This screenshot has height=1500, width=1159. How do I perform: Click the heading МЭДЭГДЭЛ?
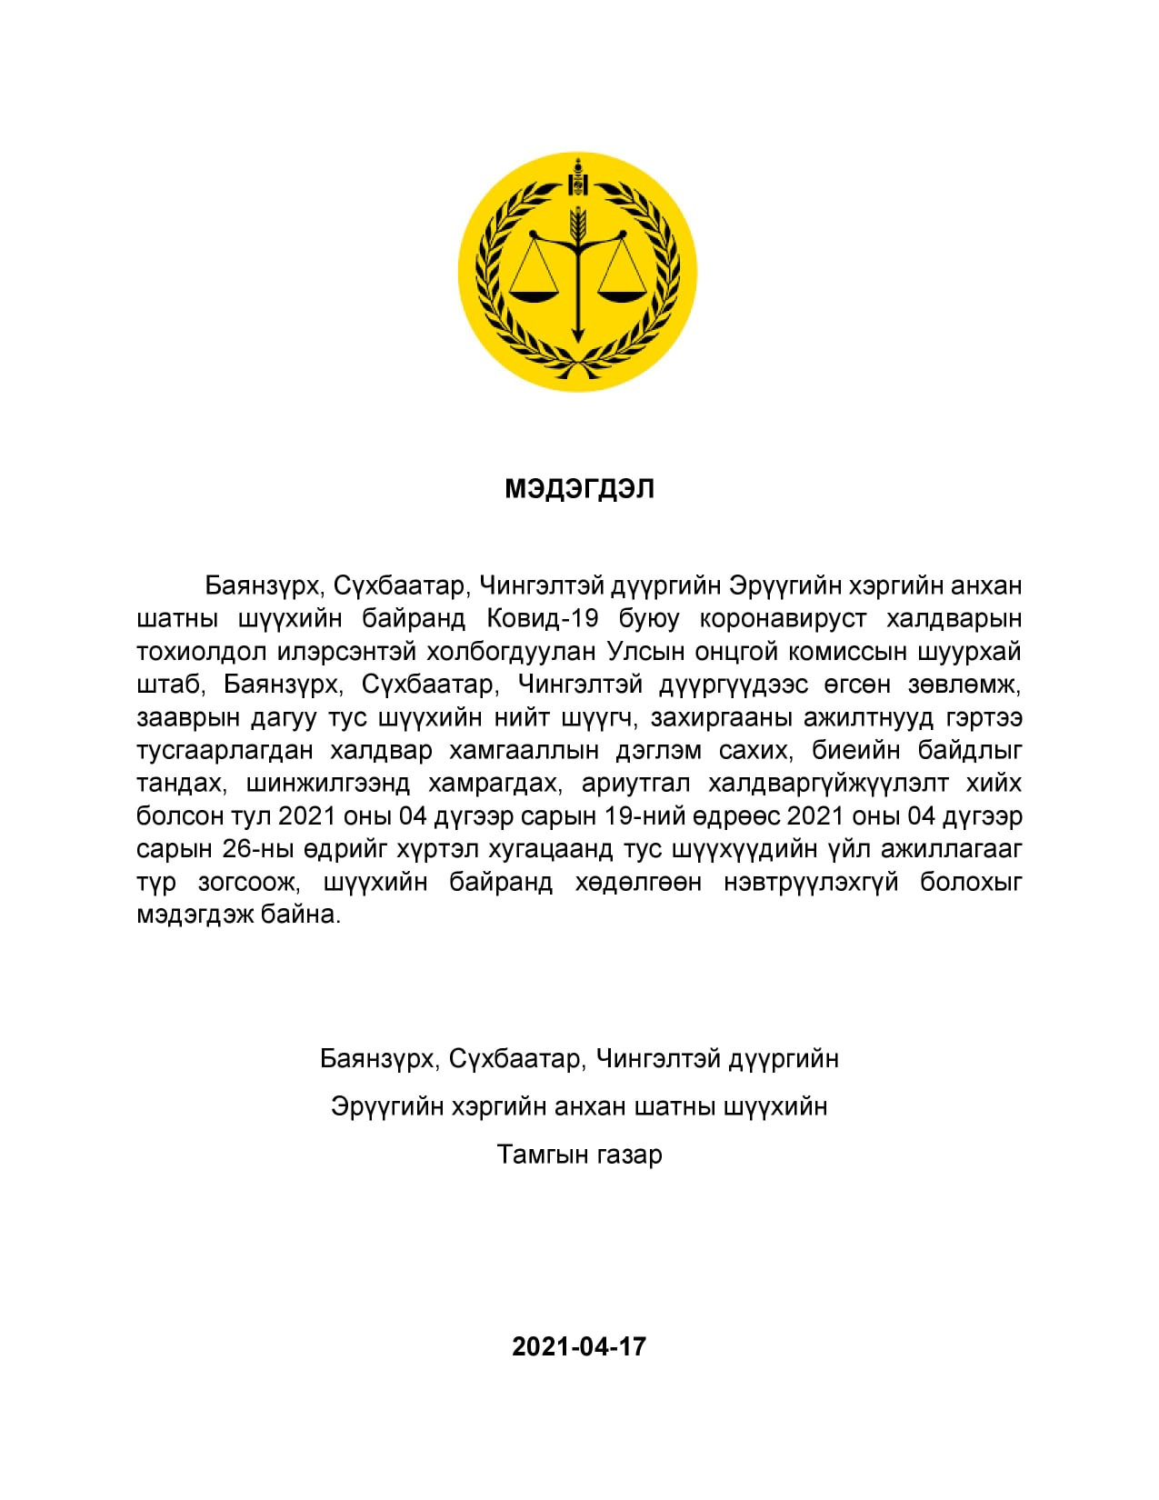(x=579, y=489)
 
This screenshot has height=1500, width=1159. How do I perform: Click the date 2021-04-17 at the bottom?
(x=579, y=1346)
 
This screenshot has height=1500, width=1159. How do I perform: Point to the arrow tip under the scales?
(x=577, y=338)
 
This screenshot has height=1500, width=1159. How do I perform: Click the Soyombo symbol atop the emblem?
(x=577, y=178)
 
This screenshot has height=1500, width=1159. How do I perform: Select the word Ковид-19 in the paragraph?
(x=543, y=618)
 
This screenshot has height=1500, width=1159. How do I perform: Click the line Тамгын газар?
(x=579, y=1155)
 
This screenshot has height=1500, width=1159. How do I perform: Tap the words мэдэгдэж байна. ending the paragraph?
(x=238, y=915)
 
